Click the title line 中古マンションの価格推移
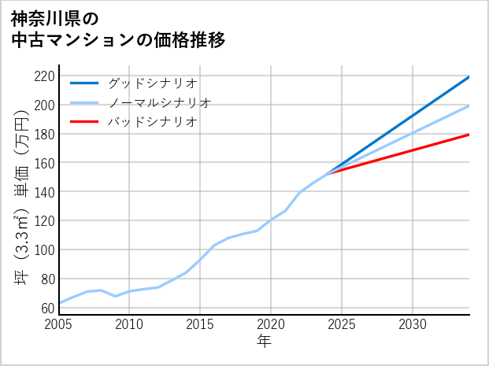point(118,39)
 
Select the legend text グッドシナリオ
point(152,83)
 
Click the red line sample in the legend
point(84,122)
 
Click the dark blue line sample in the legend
point(84,83)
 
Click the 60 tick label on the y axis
point(47,308)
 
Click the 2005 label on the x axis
point(59,324)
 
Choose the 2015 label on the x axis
point(200,324)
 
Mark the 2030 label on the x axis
point(413,324)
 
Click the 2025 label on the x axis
point(342,324)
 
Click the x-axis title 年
point(264,342)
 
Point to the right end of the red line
point(469,135)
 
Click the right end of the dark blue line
point(469,77)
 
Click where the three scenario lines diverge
point(328,172)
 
